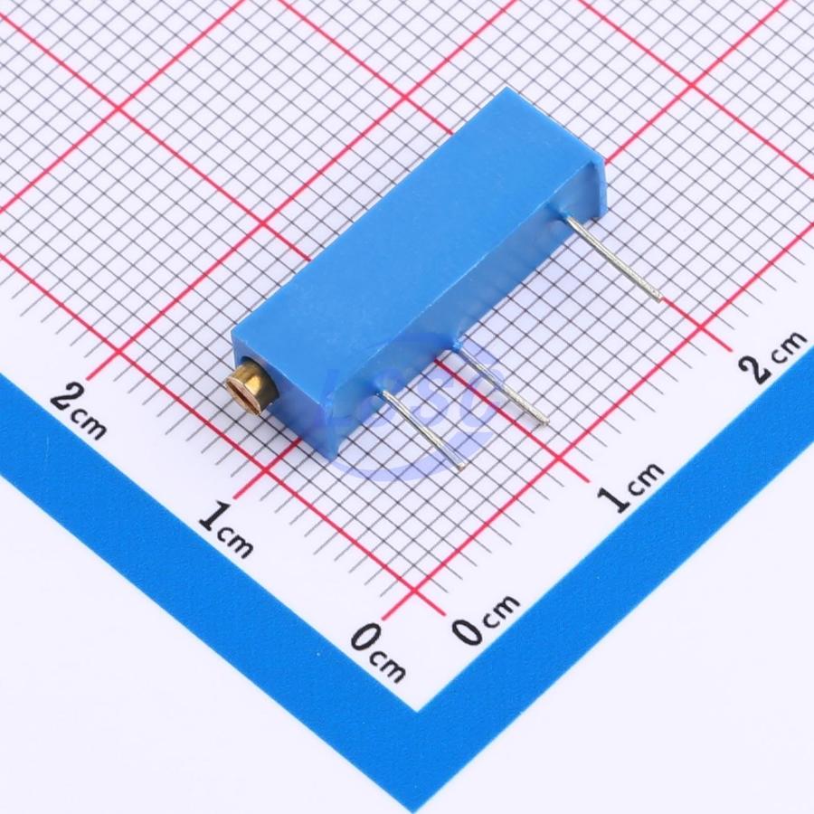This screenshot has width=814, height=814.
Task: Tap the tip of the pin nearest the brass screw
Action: click(x=462, y=469)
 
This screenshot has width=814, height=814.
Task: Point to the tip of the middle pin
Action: click(x=545, y=422)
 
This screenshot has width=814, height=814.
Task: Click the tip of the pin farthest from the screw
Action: click(x=660, y=299)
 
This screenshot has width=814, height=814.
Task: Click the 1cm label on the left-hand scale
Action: click(x=226, y=529)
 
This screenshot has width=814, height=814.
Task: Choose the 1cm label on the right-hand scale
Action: click(x=630, y=486)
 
